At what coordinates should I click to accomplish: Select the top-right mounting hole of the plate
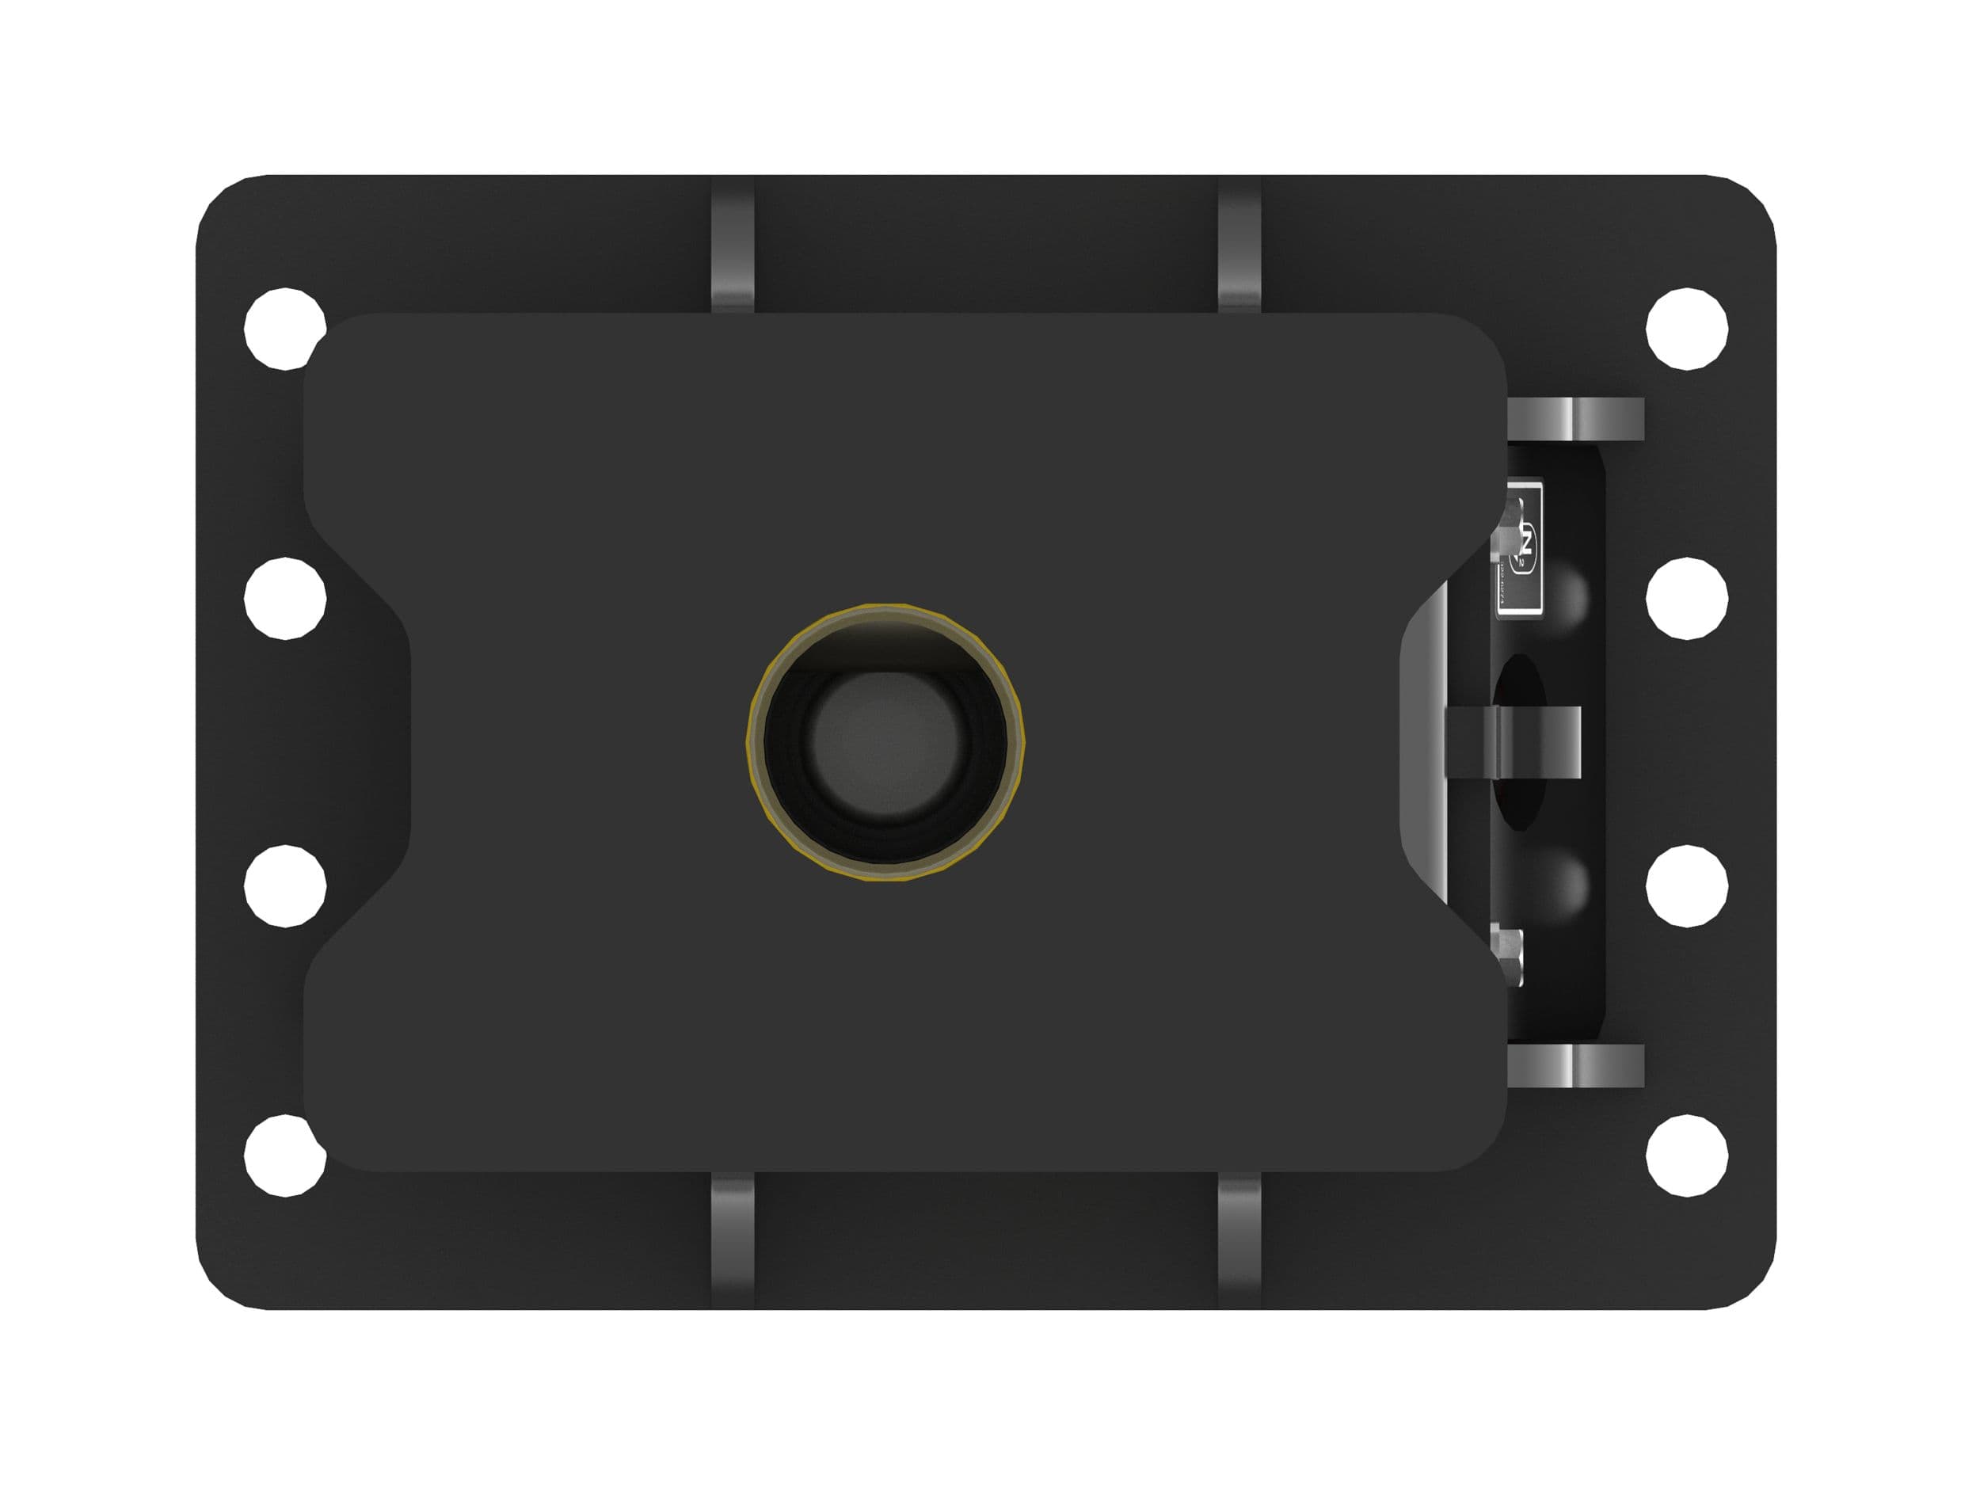pyautogui.click(x=1686, y=329)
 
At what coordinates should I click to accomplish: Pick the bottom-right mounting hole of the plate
pyautogui.click(x=1686, y=1155)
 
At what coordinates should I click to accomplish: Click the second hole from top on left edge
pyautogui.click(x=284, y=598)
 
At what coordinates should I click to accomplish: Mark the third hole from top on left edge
pyautogui.click(x=284, y=885)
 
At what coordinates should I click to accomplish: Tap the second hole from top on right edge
pyautogui.click(x=1686, y=598)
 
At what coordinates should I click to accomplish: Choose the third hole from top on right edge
pyautogui.click(x=1686, y=885)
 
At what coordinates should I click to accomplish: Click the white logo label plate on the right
pyautogui.click(x=1520, y=548)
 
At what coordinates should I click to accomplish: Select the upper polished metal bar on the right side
pyautogui.click(x=1575, y=419)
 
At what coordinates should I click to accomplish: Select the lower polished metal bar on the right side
pyautogui.click(x=1575, y=1065)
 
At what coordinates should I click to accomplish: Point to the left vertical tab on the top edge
pyautogui.click(x=733, y=246)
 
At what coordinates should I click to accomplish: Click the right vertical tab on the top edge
pyautogui.click(x=1239, y=246)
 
